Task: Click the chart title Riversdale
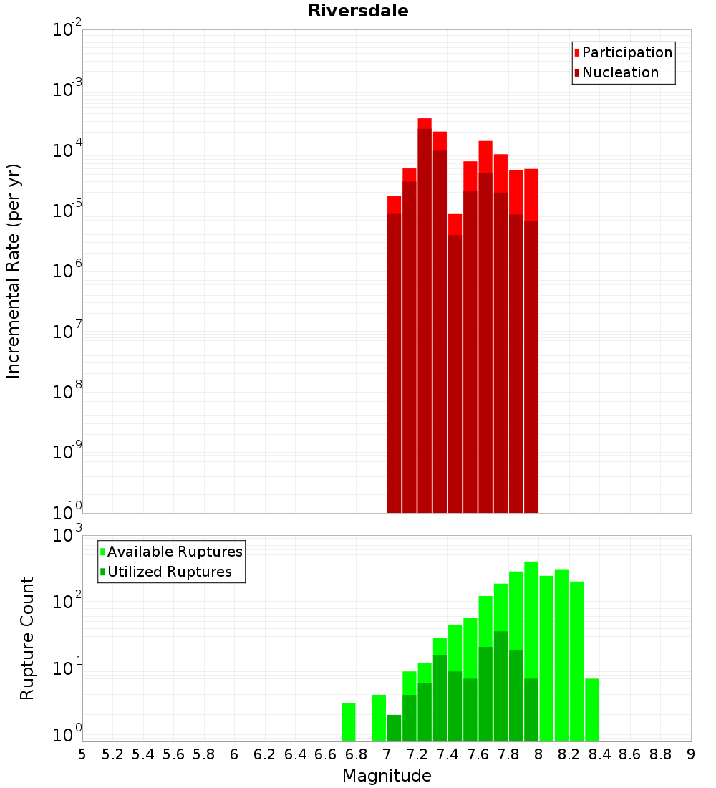[x=358, y=11]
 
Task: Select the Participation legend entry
[x=626, y=52]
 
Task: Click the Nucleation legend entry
[x=620, y=72]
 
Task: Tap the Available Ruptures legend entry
[x=175, y=552]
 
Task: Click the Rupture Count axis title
[x=27, y=638]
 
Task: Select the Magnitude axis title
[x=387, y=776]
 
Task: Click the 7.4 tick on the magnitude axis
[x=447, y=754]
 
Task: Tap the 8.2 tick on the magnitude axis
[x=569, y=754]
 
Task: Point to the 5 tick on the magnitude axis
[x=82, y=754]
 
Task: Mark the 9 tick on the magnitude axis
[x=691, y=754]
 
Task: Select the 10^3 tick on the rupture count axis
[x=68, y=535]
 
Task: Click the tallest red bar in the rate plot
[x=425, y=315]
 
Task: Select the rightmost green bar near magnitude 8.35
[x=592, y=710]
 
